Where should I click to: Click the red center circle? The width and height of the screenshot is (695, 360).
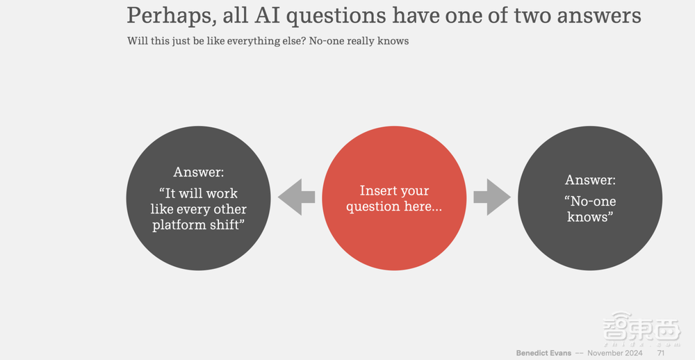[x=394, y=198]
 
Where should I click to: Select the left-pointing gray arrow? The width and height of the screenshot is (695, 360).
[x=296, y=197]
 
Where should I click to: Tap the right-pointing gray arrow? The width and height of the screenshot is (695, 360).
[x=492, y=197]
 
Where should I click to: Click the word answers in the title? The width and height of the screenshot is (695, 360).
[x=599, y=16]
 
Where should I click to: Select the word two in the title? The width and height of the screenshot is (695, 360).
[x=532, y=16]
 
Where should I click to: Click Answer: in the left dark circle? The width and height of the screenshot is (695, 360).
[x=199, y=172]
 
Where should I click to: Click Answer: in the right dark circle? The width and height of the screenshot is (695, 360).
[x=590, y=180]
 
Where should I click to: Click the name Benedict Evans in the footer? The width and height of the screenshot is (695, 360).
[x=543, y=353]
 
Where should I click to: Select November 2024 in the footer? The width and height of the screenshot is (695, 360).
[x=615, y=353]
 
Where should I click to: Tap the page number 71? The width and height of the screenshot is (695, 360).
[x=661, y=353]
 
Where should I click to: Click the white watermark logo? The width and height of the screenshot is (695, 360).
[x=641, y=329]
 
